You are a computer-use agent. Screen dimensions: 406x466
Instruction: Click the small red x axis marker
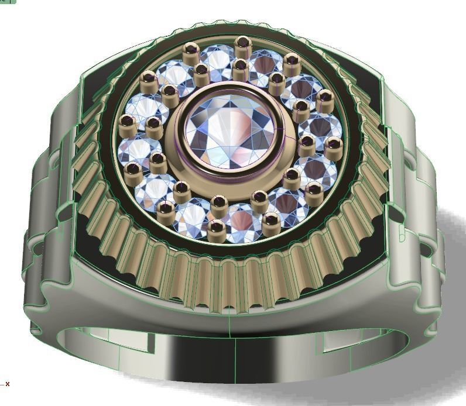click(8, 384)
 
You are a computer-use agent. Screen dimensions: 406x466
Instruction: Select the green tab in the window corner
click(8, 2)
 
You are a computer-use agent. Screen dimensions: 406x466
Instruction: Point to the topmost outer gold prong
click(242, 44)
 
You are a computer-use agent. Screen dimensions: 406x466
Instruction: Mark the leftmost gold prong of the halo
click(126, 123)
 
